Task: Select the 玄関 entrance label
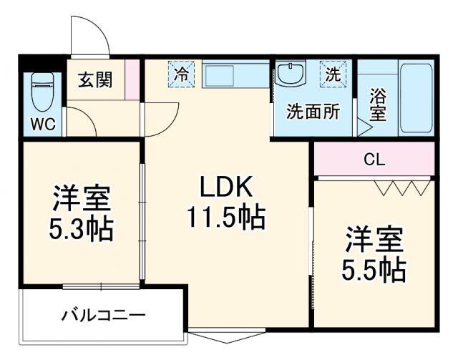point(95,80)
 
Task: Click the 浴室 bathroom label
point(378,104)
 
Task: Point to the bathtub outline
point(416,99)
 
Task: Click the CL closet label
point(374,159)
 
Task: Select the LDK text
point(225,188)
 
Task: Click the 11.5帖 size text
point(226,216)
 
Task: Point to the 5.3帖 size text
point(80,229)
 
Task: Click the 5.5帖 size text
point(374,270)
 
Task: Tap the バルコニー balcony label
point(104,315)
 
